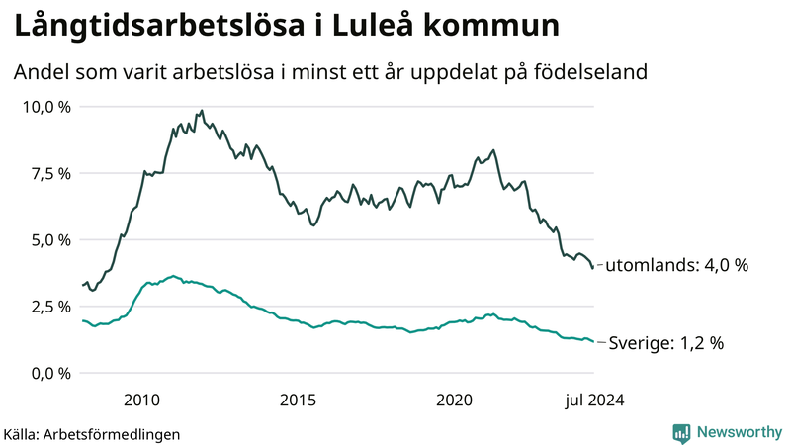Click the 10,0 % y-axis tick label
pos(46,107)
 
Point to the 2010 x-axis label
pos(142,399)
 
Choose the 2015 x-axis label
pos(298,399)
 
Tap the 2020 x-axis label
pos(454,399)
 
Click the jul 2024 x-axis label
pos(593,399)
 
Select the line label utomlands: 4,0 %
pos(676,266)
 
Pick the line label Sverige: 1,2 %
pos(666,343)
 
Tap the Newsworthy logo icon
pos(681,432)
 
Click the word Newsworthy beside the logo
pos(739,432)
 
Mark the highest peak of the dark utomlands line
pos(202,111)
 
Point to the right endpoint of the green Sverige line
pos(593,342)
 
